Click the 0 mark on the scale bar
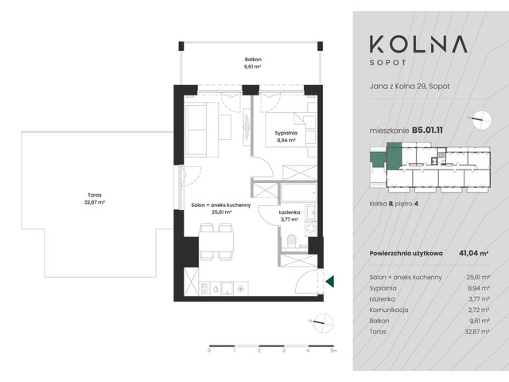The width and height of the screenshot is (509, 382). pos(209,351)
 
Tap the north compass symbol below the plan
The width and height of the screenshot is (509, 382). pos(325,322)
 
